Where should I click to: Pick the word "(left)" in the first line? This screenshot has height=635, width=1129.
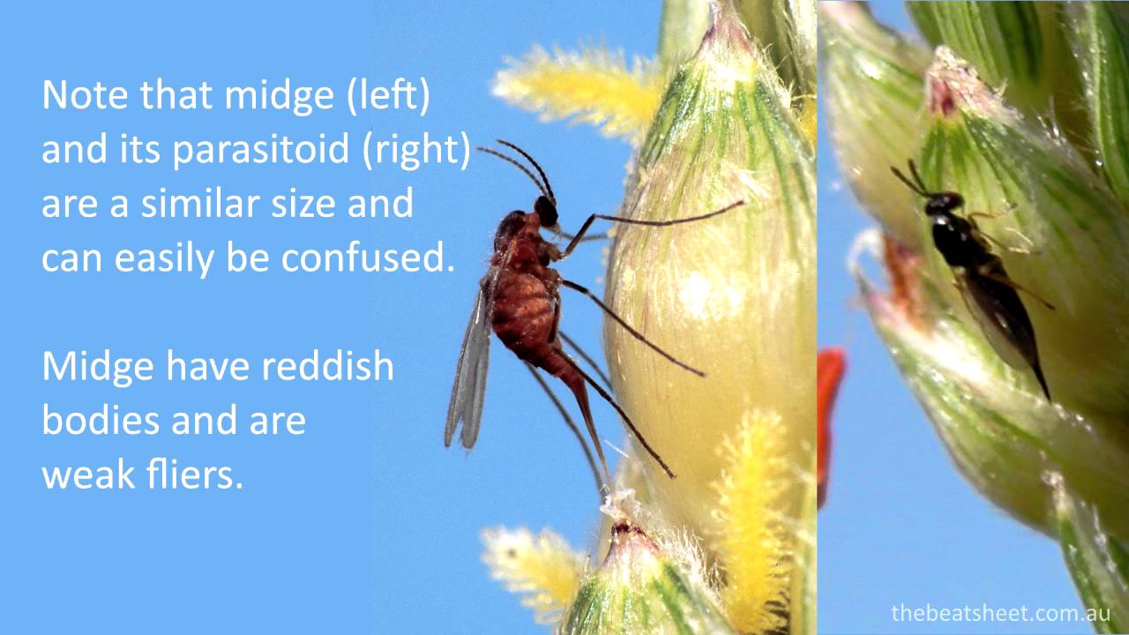coord(387,96)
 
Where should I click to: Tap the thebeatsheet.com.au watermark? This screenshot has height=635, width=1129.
coord(1000,613)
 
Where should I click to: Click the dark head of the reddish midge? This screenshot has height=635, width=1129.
coord(546,211)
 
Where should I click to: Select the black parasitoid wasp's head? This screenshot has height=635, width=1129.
coord(941,202)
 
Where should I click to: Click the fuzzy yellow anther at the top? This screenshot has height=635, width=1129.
coord(573,88)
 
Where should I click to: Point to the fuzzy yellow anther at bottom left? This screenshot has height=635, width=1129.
coord(529,564)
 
